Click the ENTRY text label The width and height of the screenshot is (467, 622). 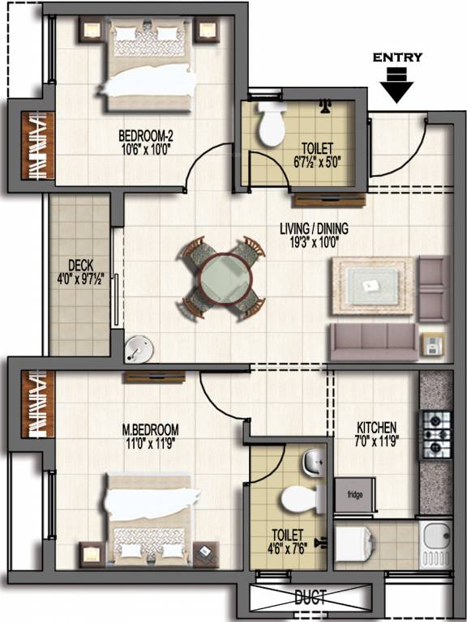pyautogui.click(x=396, y=58)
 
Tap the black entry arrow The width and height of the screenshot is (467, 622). pyautogui.click(x=396, y=85)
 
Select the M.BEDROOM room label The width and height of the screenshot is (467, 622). pyautogui.click(x=151, y=429)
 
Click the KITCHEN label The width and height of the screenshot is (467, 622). pyautogui.click(x=376, y=428)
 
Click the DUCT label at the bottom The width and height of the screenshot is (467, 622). pyautogui.click(x=311, y=599)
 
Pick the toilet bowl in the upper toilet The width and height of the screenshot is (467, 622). pyautogui.click(x=268, y=125)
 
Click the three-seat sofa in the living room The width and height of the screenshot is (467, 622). pyautogui.click(x=372, y=342)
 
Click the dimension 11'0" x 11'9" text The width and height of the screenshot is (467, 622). pyautogui.click(x=151, y=442)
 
